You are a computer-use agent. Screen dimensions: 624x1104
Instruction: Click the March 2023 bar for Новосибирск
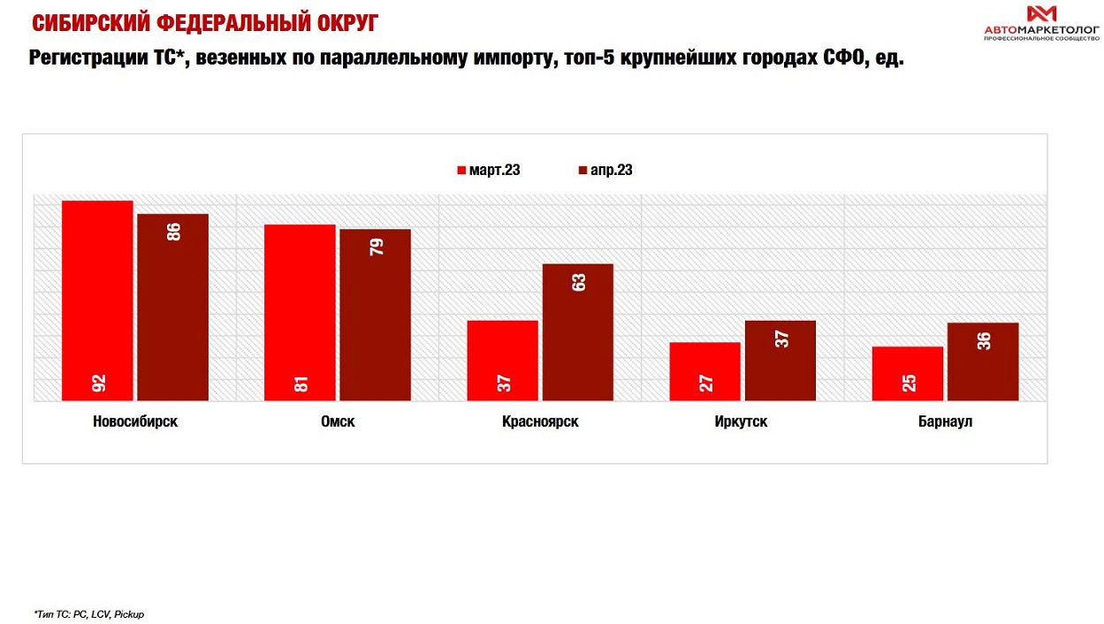tap(97, 301)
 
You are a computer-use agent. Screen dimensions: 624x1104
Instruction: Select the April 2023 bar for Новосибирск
tap(172, 307)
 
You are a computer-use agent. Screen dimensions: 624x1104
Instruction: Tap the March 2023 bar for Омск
tap(300, 312)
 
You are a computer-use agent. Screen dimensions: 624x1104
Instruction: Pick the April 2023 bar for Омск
tap(375, 315)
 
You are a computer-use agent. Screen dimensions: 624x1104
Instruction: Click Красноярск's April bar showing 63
tap(577, 332)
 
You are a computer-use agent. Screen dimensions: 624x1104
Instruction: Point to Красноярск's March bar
tap(502, 361)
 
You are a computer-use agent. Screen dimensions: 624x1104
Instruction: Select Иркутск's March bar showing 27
tap(704, 371)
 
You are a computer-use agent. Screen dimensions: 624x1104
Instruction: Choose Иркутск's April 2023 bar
tap(780, 361)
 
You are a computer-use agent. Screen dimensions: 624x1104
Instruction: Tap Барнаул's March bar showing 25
tap(907, 373)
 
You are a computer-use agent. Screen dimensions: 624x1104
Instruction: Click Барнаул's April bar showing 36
tap(982, 361)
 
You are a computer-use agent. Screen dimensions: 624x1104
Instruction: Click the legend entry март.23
tap(488, 171)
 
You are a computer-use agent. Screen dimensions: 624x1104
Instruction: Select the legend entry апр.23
tap(605, 171)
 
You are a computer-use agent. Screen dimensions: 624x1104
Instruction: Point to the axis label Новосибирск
tap(135, 422)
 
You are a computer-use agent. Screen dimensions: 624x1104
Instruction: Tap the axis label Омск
tap(338, 422)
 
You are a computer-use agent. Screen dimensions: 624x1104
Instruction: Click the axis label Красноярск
tap(540, 422)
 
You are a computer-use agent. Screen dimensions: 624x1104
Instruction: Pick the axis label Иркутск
tap(741, 422)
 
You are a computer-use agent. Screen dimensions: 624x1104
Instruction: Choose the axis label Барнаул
tap(945, 422)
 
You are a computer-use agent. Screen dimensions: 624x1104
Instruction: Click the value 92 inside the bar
tap(98, 383)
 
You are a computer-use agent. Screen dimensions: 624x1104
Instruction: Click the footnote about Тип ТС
tap(88, 613)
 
